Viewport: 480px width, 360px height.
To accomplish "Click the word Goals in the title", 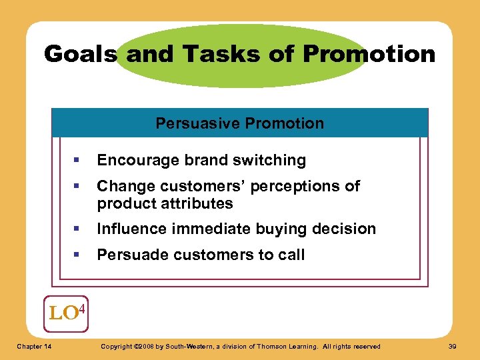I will coord(81,53).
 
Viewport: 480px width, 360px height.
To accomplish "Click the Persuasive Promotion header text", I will coord(240,123).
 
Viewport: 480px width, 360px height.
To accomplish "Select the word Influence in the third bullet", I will coord(131,229).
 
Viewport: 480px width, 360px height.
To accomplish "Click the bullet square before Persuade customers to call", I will coord(79,255).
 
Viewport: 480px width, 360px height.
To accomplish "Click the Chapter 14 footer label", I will coord(35,346).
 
